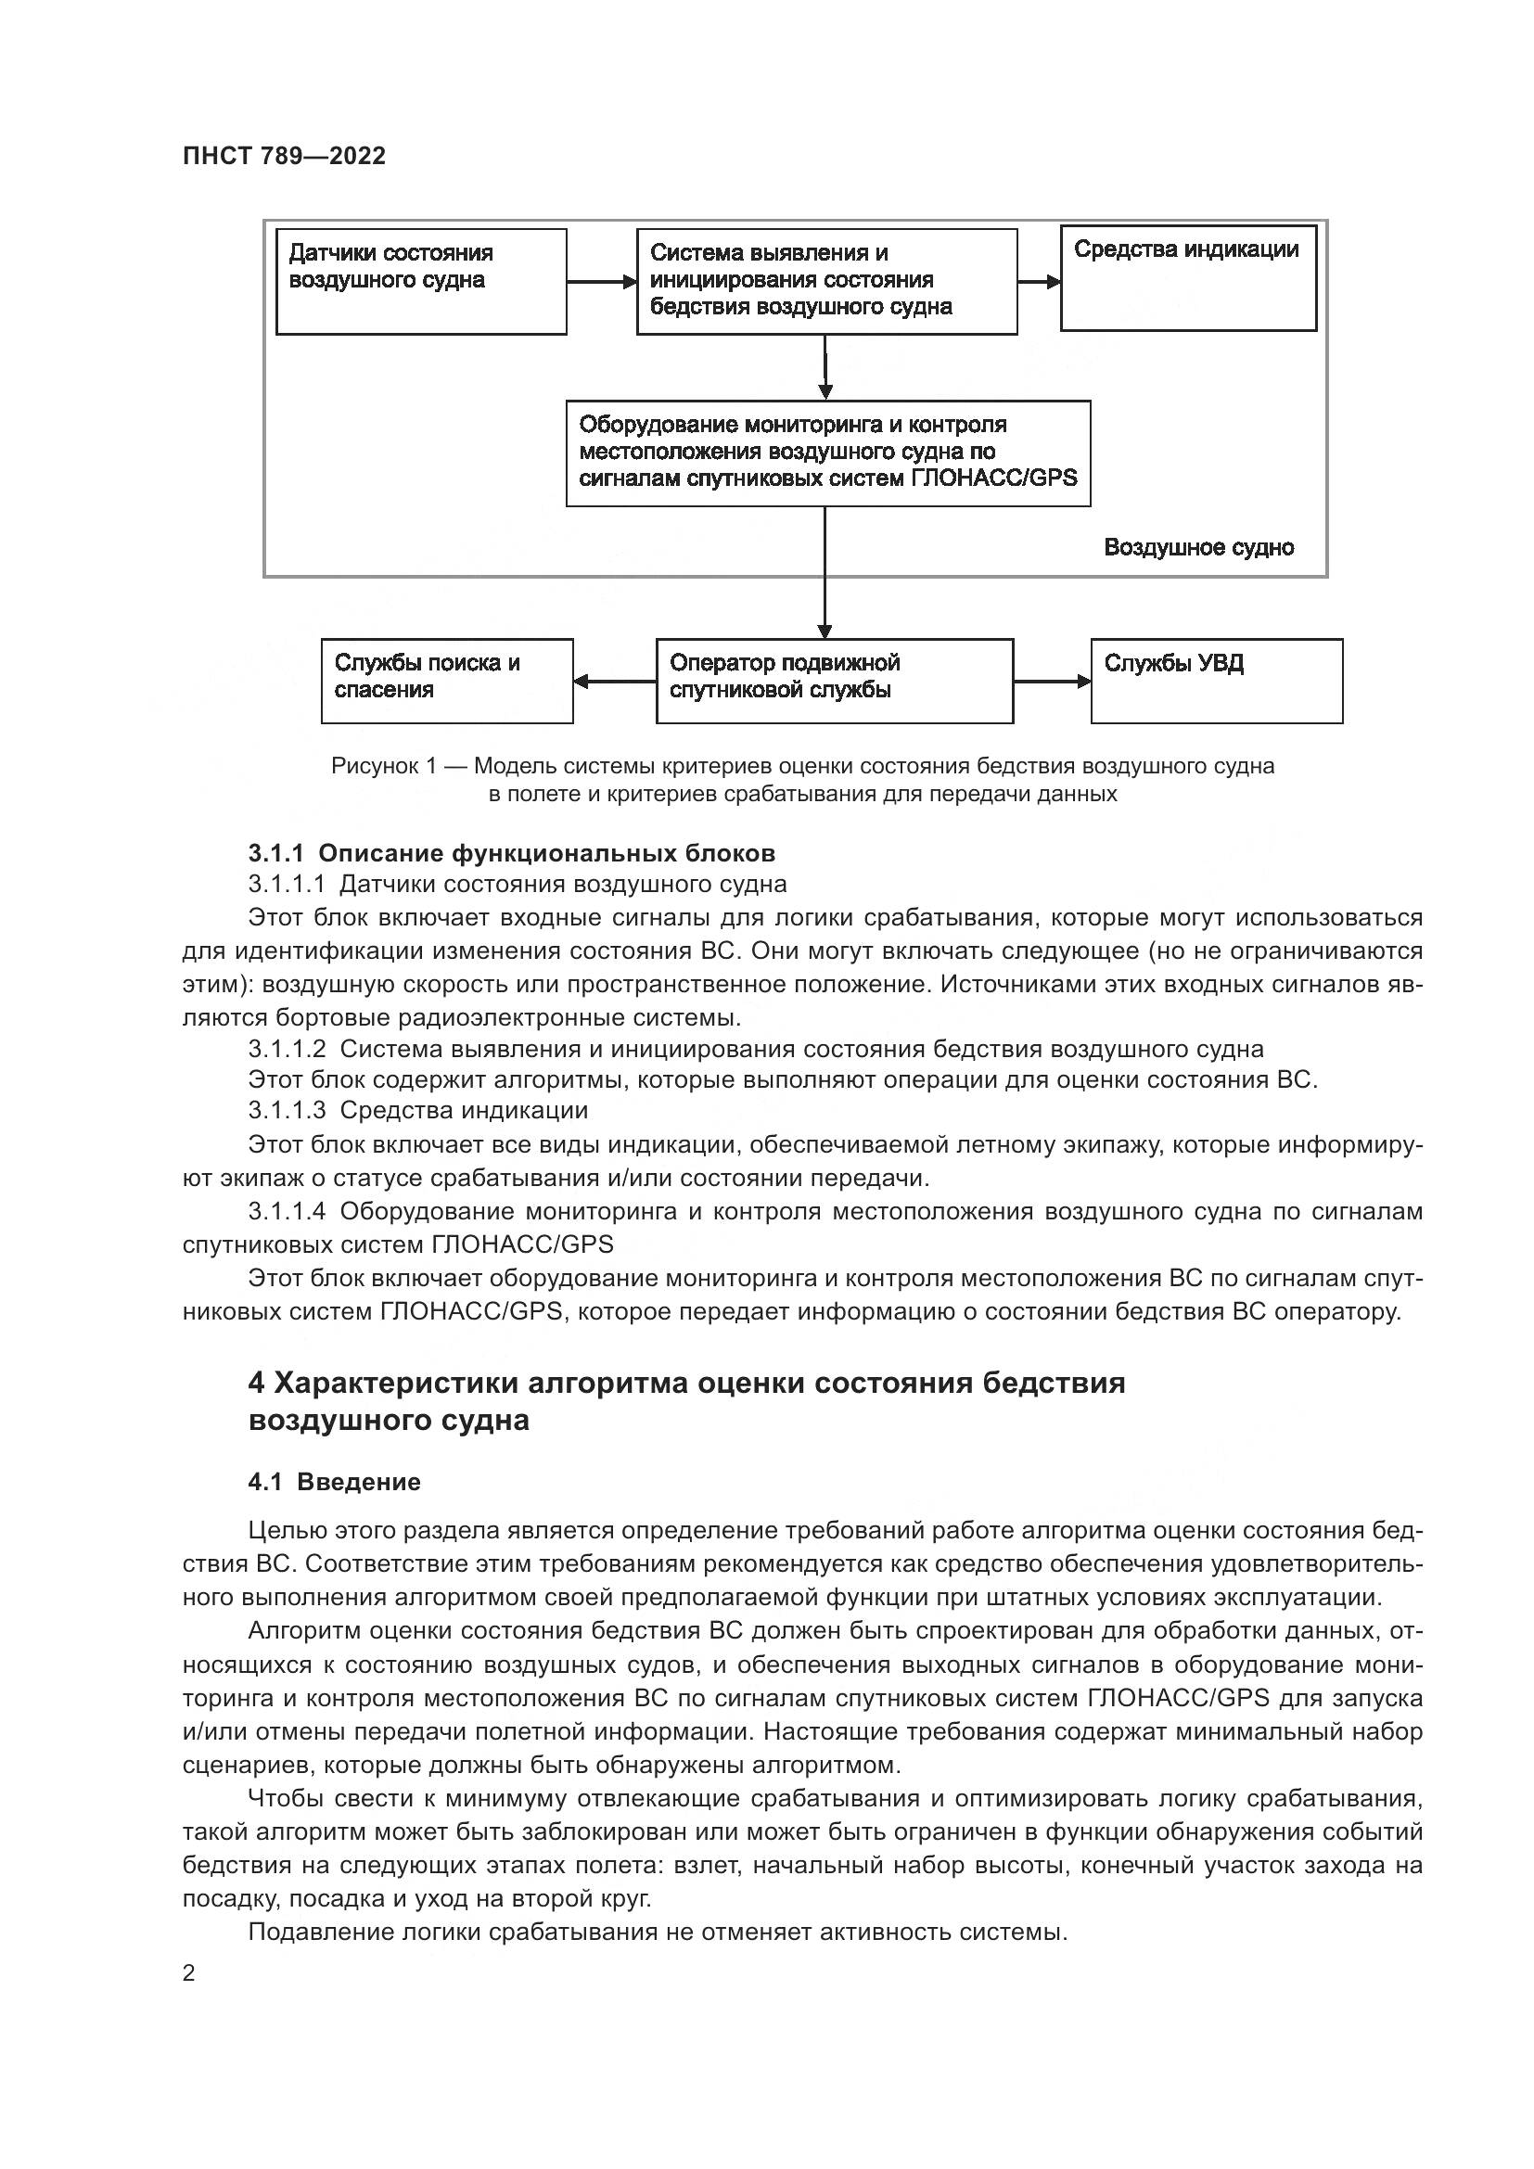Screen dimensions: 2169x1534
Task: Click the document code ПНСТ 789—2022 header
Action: point(285,156)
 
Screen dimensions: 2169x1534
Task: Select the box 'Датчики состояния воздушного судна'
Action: point(421,282)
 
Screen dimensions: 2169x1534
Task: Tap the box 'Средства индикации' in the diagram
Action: point(1187,278)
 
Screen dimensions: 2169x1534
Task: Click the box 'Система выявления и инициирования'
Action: point(826,282)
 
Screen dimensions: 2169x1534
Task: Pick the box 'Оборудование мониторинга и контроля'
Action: point(827,453)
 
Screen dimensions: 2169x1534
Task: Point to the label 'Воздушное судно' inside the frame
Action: point(1198,548)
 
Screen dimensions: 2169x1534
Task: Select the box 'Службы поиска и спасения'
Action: point(447,682)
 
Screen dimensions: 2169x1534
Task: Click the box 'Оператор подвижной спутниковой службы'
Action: point(834,682)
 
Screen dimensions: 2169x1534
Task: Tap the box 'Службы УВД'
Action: point(1217,682)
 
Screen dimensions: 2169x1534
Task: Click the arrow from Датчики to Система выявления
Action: point(602,282)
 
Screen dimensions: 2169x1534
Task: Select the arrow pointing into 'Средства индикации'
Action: point(1039,282)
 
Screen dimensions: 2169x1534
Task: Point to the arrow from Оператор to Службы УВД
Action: point(1052,682)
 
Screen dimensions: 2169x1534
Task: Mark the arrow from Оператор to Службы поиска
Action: point(615,682)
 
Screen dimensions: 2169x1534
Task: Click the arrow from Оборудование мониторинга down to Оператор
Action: point(825,572)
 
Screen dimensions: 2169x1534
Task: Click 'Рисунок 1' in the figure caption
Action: point(382,766)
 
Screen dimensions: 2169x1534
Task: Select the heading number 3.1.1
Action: point(275,853)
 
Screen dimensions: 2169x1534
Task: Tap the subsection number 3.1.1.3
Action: point(288,1110)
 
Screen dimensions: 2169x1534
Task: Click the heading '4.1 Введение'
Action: point(335,1481)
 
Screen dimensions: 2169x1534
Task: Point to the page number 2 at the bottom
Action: point(189,1973)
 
